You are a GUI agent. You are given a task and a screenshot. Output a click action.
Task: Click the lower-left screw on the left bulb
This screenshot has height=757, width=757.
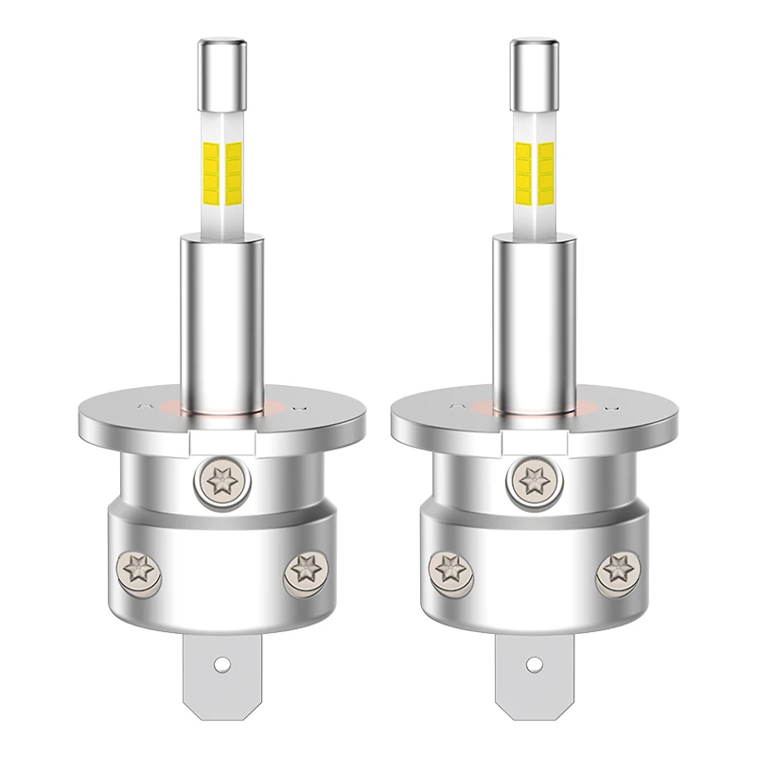coord(133,570)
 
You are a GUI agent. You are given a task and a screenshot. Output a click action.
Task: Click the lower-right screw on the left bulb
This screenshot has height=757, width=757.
coord(304,570)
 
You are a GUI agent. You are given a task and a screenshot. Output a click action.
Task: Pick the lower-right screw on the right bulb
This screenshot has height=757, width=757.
coord(616,570)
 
